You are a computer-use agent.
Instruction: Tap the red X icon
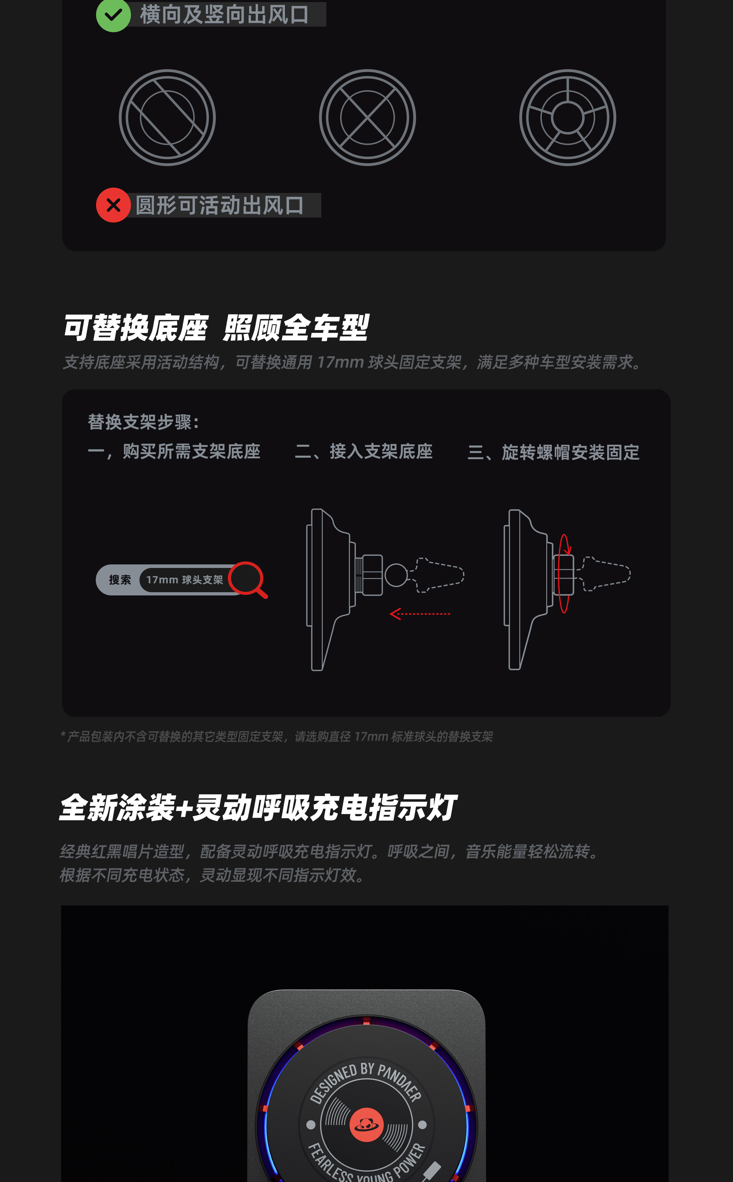click(x=113, y=205)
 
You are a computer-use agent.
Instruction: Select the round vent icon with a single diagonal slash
click(x=167, y=118)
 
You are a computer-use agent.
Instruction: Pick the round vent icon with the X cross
click(x=367, y=118)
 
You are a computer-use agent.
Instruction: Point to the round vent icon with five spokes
click(x=568, y=118)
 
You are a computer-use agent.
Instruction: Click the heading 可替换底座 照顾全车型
click(x=216, y=328)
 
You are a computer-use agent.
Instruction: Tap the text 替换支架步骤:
click(x=144, y=422)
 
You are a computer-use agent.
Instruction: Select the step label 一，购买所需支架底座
click(x=174, y=451)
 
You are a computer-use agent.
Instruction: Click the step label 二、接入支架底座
click(x=364, y=451)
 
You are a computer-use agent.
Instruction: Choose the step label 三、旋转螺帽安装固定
click(x=554, y=452)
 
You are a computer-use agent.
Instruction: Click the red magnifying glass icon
click(x=248, y=579)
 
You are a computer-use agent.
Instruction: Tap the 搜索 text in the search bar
click(x=120, y=579)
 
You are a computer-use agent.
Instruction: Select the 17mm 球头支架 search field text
click(x=185, y=579)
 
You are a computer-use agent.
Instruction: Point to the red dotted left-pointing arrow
click(x=420, y=614)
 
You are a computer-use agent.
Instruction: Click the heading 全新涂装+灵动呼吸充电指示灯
click(x=257, y=808)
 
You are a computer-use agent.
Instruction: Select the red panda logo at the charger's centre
click(x=367, y=1124)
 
